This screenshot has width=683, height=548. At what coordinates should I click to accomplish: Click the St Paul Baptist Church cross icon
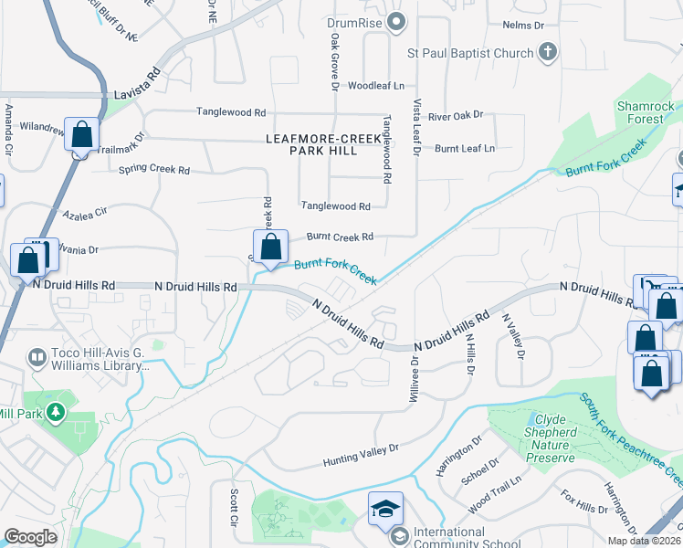click(547, 52)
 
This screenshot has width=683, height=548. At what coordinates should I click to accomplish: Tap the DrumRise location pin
click(395, 22)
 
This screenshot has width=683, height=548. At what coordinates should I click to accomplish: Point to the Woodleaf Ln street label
click(375, 85)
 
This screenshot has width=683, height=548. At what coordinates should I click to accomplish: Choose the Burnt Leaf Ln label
click(465, 148)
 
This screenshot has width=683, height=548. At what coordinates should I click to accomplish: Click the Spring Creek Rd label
click(153, 170)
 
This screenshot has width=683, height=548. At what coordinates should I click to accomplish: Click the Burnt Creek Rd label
click(340, 237)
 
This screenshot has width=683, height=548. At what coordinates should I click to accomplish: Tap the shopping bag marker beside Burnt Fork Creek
click(270, 248)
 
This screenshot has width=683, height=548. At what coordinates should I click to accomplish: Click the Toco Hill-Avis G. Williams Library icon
click(37, 357)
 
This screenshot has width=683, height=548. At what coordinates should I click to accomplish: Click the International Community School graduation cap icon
click(384, 508)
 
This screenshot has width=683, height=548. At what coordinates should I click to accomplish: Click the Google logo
click(30, 537)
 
